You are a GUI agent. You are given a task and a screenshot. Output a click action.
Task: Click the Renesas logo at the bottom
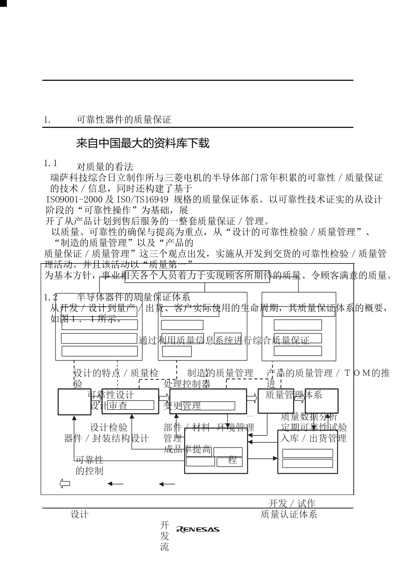click(x=198, y=530)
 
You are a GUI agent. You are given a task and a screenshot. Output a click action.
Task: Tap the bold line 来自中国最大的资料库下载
click(x=143, y=144)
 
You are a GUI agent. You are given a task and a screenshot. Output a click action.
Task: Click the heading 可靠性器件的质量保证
click(x=124, y=120)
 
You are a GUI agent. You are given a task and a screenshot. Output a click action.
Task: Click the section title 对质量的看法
click(x=105, y=167)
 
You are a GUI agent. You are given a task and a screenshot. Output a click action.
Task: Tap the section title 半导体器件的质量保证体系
click(x=133, y=297)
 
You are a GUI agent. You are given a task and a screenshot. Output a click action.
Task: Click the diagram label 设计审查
click(x=109, y=405)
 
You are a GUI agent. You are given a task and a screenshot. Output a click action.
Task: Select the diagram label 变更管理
click(x=182, y=405)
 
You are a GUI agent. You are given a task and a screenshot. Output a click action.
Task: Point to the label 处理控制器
click(x=187, y=383)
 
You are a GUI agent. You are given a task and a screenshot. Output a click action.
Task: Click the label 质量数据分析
click(x=309, y=417)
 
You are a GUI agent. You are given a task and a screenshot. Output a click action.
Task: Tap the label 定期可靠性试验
click(x=313, y=428)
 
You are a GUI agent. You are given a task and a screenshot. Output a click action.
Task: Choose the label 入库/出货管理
click(x=313, y=438)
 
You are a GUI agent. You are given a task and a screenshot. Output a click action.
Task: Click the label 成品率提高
click(x=187, y=449)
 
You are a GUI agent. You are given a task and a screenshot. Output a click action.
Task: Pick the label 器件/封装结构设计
click(x=106, y=438)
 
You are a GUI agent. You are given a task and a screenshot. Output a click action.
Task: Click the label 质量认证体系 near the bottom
click(x=289, y=515)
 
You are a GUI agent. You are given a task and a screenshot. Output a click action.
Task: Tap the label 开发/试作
click(x=292, y=504)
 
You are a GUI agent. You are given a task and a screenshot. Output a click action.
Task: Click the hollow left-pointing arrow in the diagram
click(x=65, y=484)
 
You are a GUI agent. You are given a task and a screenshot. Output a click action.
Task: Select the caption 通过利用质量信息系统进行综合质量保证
click(x=224, y=341)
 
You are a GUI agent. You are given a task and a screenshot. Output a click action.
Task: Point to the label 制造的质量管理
click(x=220, y=373)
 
